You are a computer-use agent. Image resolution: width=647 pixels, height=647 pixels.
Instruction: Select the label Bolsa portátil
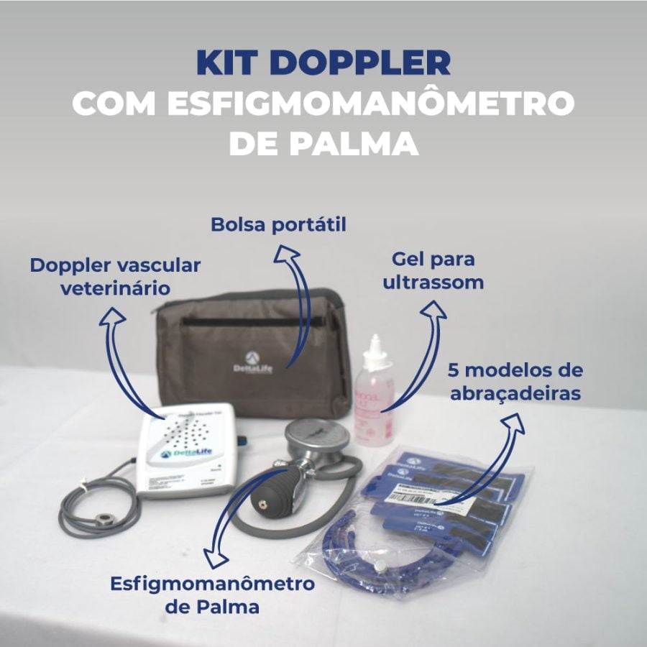pos(278,225)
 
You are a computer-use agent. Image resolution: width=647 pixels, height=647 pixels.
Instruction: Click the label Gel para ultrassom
pos(433,270)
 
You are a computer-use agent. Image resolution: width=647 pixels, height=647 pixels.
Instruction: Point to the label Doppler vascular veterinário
pos(115,277)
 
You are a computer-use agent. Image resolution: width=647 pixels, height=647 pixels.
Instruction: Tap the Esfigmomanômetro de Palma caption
pos(213,595)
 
